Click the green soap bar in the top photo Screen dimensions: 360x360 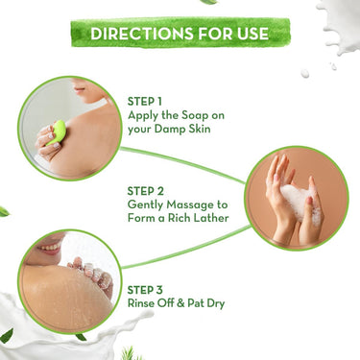coord(58,129)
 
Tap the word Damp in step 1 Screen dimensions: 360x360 coord(175,128)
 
